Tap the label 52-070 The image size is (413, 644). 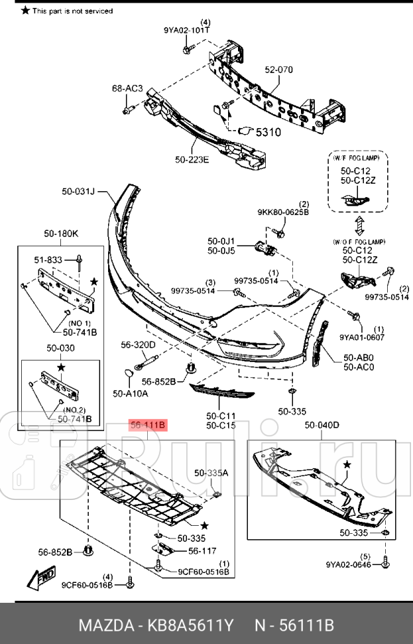278,70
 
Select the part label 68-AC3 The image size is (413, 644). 127,88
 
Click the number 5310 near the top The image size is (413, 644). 268,132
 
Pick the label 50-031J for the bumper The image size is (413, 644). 79,192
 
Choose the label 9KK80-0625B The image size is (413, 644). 283,212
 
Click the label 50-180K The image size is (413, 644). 61,234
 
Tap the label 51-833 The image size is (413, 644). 48,260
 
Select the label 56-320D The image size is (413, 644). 138,345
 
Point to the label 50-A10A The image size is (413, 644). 130,394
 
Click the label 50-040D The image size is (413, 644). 322,425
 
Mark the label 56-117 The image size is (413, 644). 202,550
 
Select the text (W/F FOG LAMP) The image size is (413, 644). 357,158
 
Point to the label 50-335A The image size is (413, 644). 211,473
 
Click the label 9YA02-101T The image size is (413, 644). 187,30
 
